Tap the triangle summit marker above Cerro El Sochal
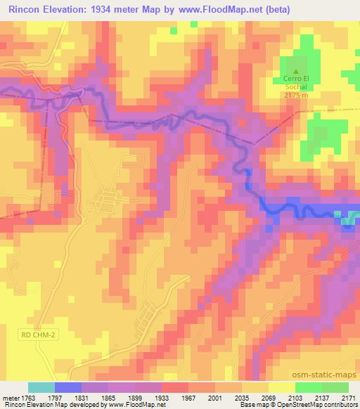pos(295,71)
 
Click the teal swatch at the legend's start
pos(41,387)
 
